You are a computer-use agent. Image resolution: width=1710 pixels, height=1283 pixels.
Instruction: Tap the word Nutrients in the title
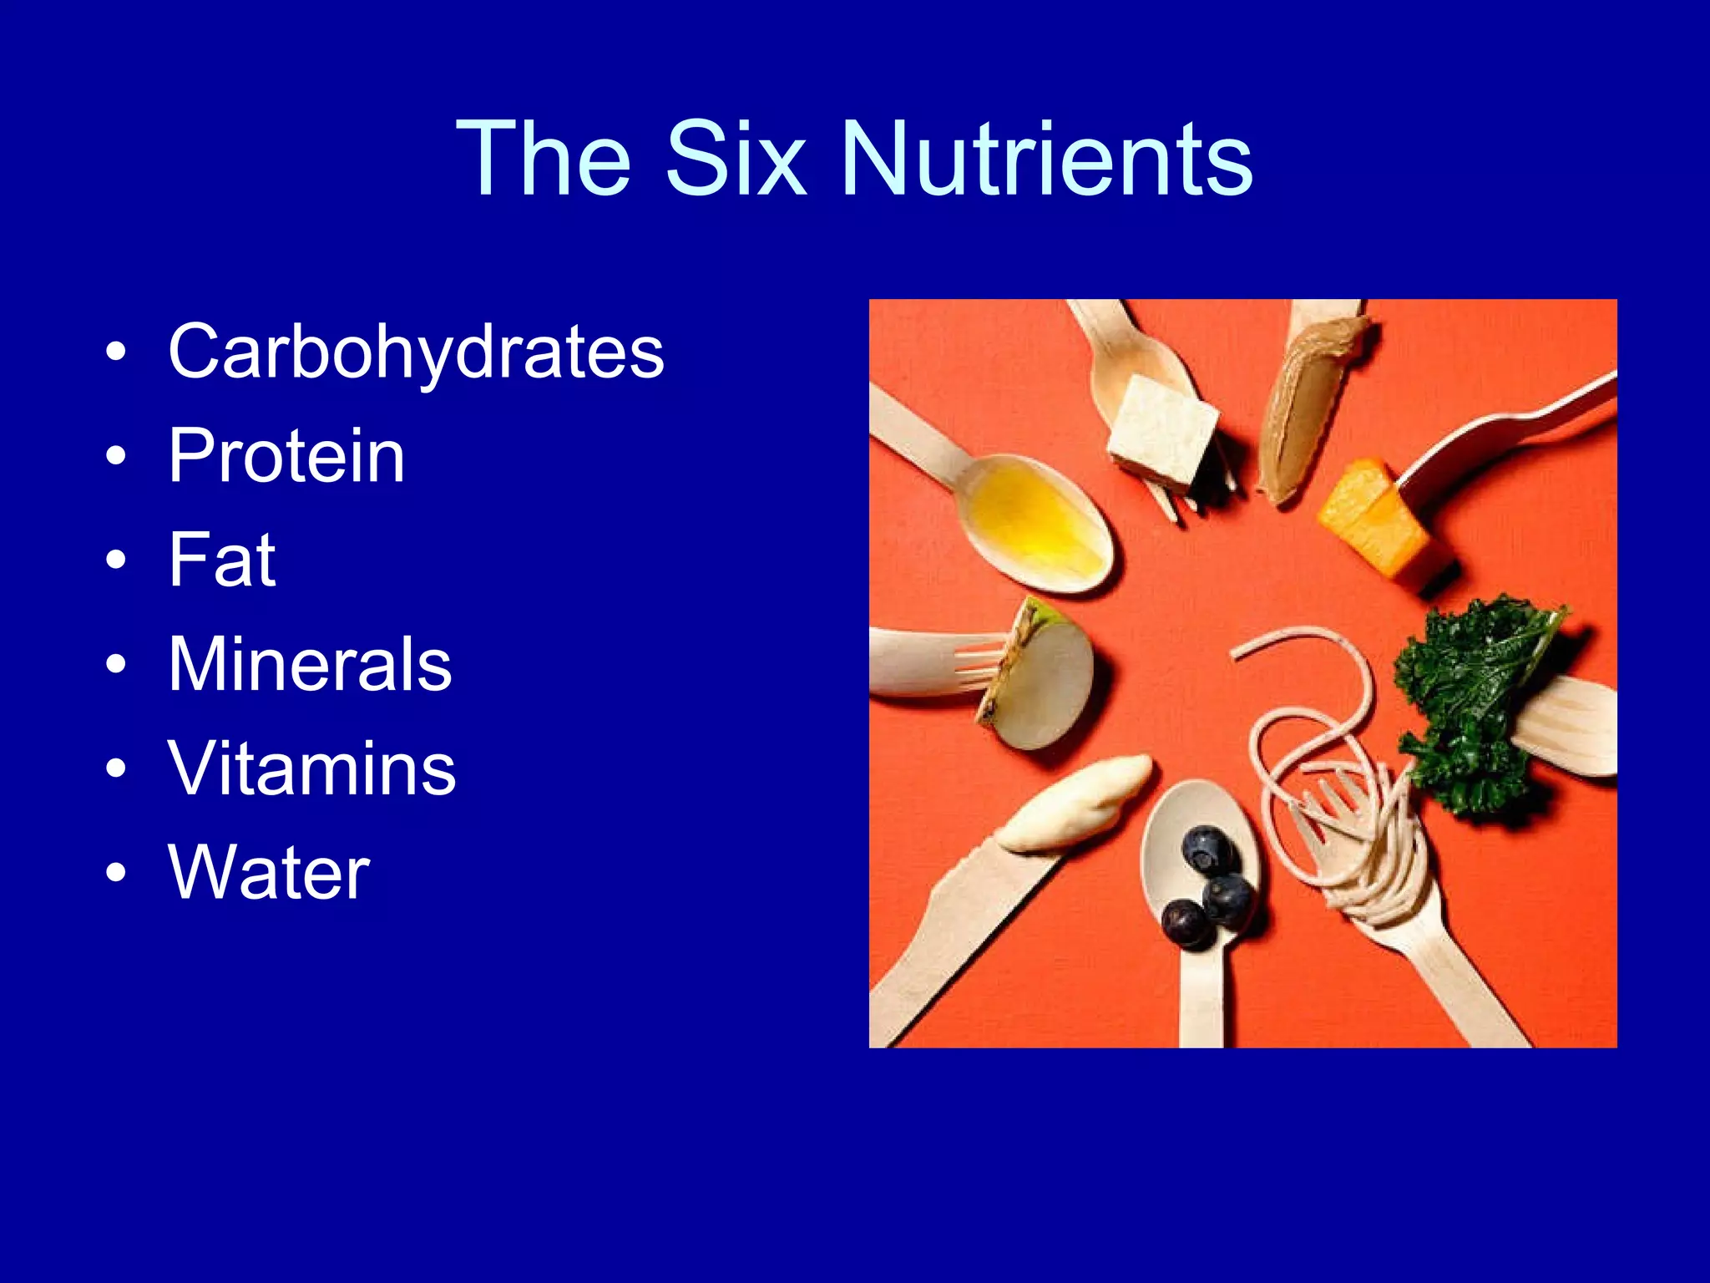[1047, 159]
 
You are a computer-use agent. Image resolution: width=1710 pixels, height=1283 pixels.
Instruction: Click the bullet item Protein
[286, 456]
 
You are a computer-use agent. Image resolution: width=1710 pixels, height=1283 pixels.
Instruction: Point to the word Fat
[221, 560]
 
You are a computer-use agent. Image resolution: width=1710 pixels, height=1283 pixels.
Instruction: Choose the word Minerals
[310, 664]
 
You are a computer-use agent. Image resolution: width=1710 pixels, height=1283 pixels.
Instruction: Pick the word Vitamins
[311, 768]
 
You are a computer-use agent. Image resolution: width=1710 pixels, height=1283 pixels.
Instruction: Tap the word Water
[269, 873]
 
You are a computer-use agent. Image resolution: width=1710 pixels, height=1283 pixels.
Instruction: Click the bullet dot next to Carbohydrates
[116, 352]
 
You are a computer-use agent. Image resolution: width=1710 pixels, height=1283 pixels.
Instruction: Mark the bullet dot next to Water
[116, 873]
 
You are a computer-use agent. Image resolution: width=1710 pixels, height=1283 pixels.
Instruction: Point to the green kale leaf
[1470, 693]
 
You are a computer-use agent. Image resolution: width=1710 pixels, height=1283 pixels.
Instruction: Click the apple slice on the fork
[1040, 677]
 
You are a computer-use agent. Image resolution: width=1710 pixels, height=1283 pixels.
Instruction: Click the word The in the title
[544, 159]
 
